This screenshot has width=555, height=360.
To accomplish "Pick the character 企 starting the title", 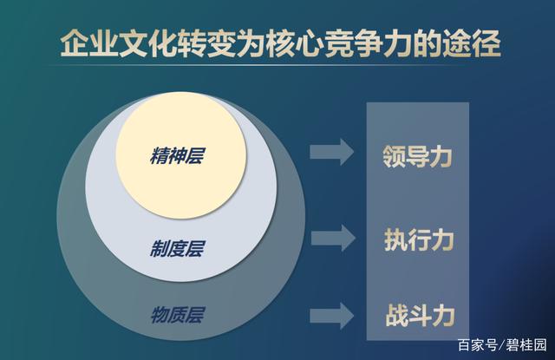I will pos(73,41).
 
